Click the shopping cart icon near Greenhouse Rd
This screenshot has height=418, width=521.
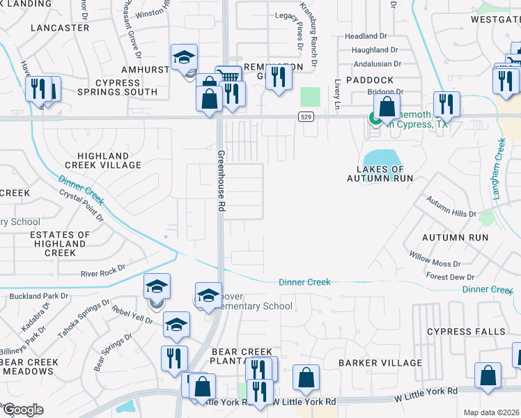coord(228,75)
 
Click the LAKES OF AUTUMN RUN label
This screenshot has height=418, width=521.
coord(380,173)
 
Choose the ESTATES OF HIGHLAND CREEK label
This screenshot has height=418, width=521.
coord(60,244)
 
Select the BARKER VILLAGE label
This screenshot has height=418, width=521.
coord(380,363)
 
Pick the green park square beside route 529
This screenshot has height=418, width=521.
coord(311,97)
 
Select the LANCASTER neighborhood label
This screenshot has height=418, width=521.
coord(60,27)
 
